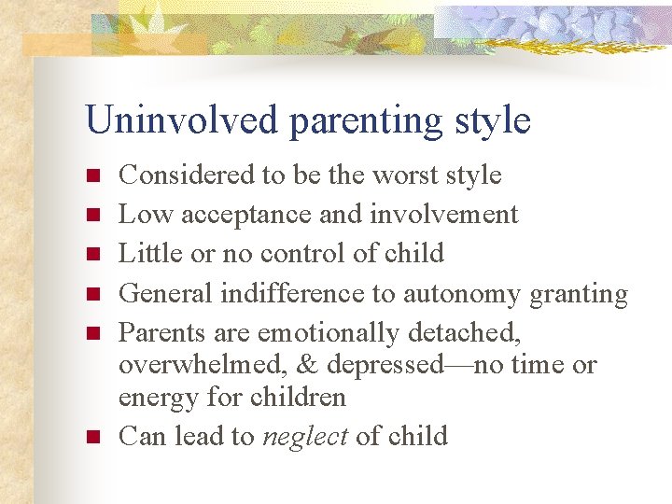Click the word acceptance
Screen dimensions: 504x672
tap(247, 216)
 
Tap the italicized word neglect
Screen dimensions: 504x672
tap(305, 437)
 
